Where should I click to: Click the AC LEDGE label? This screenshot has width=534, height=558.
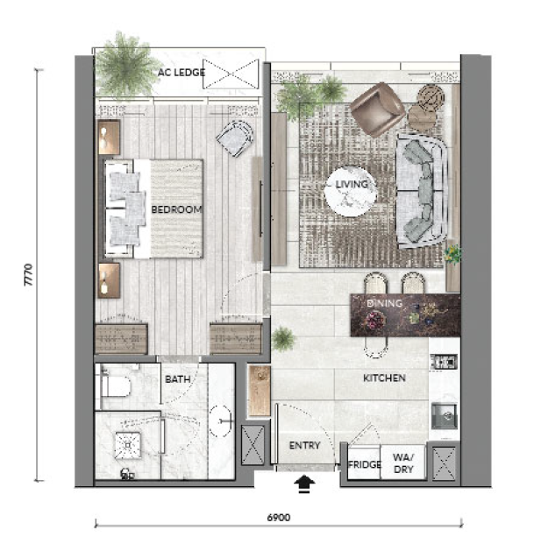tap(182, 73)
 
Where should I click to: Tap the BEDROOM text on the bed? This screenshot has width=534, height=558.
tap(177, 209)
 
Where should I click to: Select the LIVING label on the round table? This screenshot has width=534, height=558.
tap(352, 184)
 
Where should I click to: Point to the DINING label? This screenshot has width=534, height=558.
tap(384, 303)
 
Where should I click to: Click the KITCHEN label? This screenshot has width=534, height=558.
tap(384, 378)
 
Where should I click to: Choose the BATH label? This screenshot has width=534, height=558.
tap(178, 379)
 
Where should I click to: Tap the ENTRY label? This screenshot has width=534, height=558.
tap(304, 445)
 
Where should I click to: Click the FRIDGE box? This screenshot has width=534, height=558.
tap(364, 462)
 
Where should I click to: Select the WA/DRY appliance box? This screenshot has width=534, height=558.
tap(402, 462)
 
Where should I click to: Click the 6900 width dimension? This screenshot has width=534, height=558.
tap(279, 518)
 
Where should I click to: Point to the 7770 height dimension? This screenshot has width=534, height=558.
tap(29, 275)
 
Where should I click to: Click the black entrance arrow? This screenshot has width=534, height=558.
tap(304, 484)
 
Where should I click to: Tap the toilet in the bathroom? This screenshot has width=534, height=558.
tap(115, 386)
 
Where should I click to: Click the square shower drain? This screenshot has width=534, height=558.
tap(127, 445)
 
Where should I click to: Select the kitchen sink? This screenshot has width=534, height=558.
tap(444, 415)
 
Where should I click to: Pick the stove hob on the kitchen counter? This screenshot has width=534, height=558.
tap(444, 363)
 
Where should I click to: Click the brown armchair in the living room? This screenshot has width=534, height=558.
tap(377, 109)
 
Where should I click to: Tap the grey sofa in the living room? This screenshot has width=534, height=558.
tap(423, 192)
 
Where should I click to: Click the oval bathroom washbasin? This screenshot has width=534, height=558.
tap(221, 421)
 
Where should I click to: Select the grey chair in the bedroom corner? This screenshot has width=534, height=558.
tap(235, 138)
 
